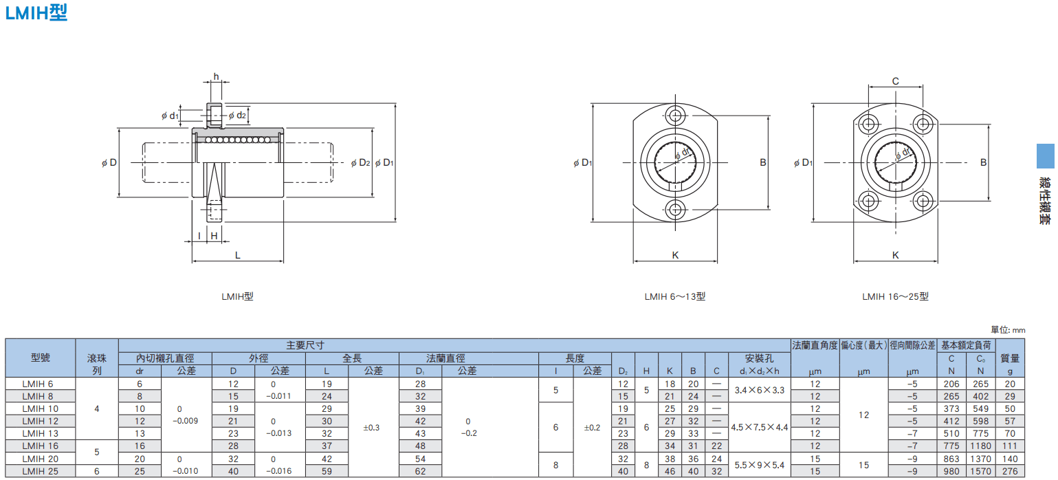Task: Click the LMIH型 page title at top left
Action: point(36,12)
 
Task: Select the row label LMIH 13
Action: point(40,433)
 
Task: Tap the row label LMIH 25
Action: point(40,471)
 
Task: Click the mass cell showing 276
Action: point(1010,471)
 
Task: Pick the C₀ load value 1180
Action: point(980,446)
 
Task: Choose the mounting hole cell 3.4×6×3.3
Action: point(759,390)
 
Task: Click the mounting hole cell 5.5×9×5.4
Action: point(759,465)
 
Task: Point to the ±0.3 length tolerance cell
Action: point(371,428)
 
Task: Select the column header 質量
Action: point(1010,358)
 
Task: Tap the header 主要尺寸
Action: point(305,345)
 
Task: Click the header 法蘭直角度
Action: point(815,345)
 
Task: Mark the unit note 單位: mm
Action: point(1007,330)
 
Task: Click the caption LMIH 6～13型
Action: point(675,296)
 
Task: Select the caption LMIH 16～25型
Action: point(895,296)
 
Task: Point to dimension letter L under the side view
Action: point(238,255)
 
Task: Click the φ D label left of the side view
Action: point(109,162)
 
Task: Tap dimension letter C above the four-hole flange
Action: point(895,81)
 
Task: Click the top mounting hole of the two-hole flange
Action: point(675,116)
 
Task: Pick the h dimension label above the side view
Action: point(216,76)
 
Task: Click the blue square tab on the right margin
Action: point(1045,156)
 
